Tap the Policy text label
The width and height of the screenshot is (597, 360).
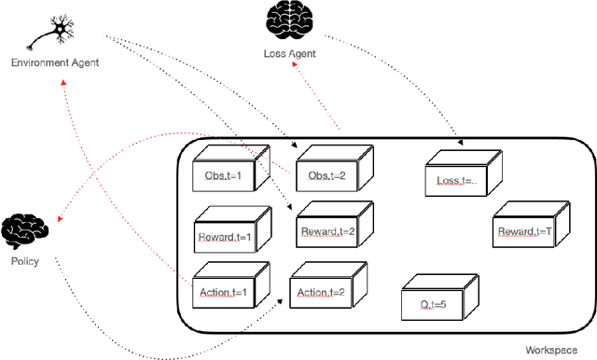[x=25, y=262]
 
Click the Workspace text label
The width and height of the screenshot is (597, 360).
[x=554, y=350]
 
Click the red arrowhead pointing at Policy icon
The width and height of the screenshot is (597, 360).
[x=60, y=220]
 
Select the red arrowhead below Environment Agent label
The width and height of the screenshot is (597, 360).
[x=62, y=81]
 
